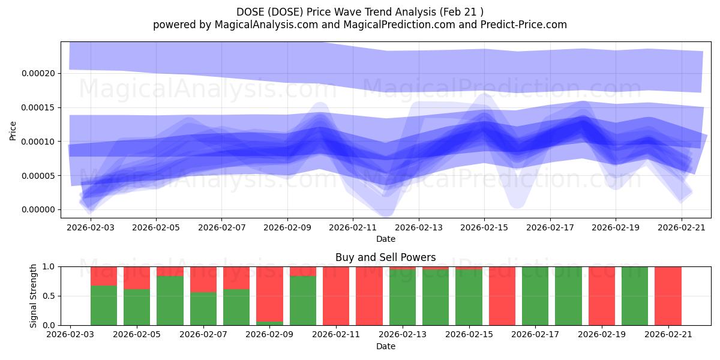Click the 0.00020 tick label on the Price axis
(x=38, y=74)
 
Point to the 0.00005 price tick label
(x=38, y=176)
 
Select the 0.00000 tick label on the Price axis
(x=38, y=210)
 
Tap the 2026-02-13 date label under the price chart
(x=419, y=227)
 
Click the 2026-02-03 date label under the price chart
(x=91, y=227)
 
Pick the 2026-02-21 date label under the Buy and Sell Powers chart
(x=668, y=335)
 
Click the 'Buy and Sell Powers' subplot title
(x=386, y=257)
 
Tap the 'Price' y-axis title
(x=13, y=131)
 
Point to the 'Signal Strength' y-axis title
(x=33, y=296)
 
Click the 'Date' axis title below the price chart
(x=386, y=239)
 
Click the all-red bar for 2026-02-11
(x=336, y=296)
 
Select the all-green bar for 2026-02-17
(x=535, y=296)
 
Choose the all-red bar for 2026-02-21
(x=668, y=296)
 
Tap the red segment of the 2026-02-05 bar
(x=137, y=278)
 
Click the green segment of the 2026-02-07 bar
(x=203, y=309)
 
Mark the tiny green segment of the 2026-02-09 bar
(x=269, y=323)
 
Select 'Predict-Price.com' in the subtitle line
(x=524, y=25)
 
